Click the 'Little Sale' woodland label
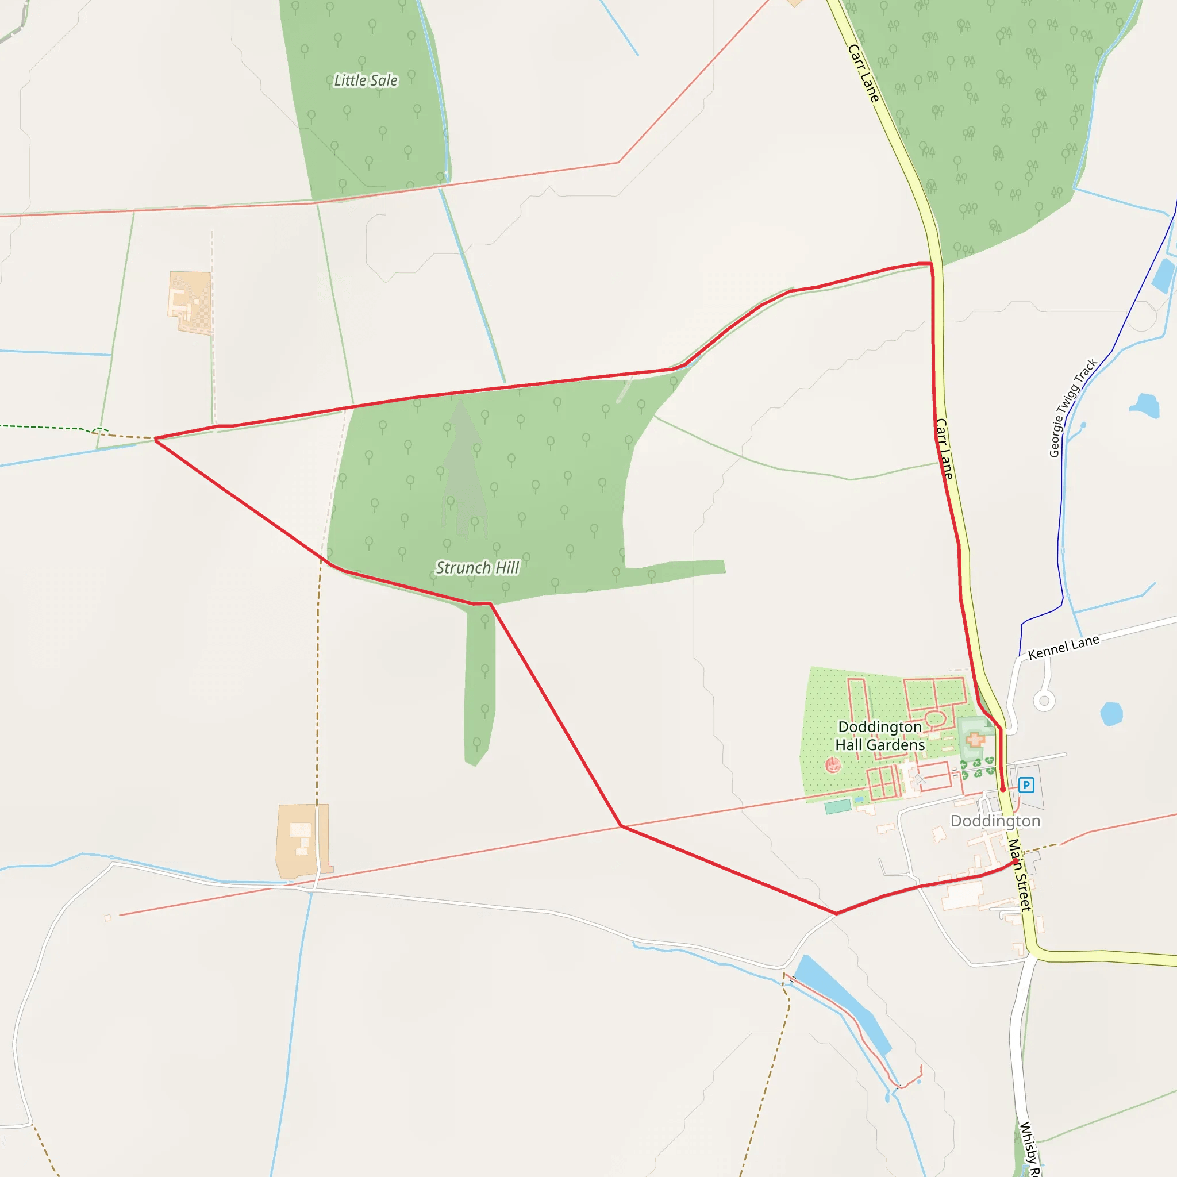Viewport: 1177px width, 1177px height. pyautogui.click(x=366, y=80)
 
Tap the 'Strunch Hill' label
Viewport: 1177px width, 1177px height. pyautogui.click(x=477, y=568)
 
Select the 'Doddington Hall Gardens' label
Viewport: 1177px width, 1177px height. pyautogui.click(x=880, y=736)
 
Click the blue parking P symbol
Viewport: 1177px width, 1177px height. pyautogui.click(x=1026, y=785)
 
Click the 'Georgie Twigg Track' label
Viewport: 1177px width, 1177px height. pyautogui.click(x=1073, y=407)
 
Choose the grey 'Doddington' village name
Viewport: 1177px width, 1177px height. pyautogui.click(x=995, y=821)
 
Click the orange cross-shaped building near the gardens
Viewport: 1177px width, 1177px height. pyautogui.click(x=975, y=740)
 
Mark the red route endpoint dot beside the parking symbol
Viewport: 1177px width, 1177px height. pyautogui.click(x=1003, y=789)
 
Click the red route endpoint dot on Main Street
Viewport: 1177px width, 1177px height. pyautogui.click(x=1016, y=861)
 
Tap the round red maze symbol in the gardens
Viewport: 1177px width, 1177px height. pyautogui.click(x=833, y=764)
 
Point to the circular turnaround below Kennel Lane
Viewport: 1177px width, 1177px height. pyautogui.click(x=1044, y=701)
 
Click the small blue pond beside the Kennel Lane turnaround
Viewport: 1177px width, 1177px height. pyautogui.click(x=1111, y=713)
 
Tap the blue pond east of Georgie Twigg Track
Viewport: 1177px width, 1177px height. pyautogui.click(x=1145, y=406)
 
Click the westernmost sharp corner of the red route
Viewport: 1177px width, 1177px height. pyautogui.click(x=155, y=439)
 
